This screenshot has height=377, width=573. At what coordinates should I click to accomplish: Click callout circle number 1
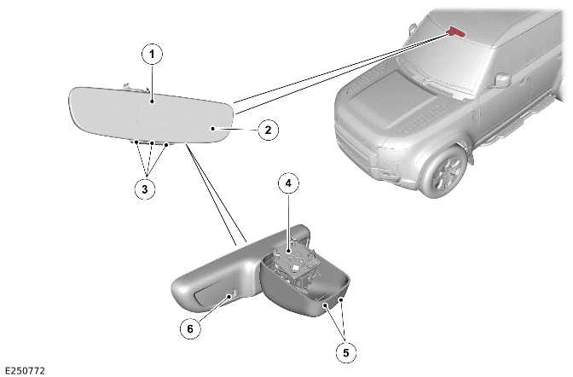[152, 55]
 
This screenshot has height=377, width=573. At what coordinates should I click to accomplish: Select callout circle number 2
[269, 130]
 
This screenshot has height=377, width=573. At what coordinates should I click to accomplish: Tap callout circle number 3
[145, 189]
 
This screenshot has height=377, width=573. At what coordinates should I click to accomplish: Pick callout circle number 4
[289, 183]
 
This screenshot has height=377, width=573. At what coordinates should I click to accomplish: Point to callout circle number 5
[345, 352]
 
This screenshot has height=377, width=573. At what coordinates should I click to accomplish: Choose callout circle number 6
[190, 328]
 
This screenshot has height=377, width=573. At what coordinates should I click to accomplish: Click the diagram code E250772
[26, 371]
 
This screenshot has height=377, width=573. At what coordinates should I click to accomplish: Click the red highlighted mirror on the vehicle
[456, 32]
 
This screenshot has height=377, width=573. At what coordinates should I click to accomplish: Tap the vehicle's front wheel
[444, 171]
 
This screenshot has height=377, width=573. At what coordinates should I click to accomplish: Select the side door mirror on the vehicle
[501, 80]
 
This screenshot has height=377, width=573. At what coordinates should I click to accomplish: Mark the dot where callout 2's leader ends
[212, 128]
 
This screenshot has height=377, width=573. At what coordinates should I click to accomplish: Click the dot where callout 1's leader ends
[152, 101]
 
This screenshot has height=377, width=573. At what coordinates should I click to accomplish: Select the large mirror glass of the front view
[151, 115]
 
